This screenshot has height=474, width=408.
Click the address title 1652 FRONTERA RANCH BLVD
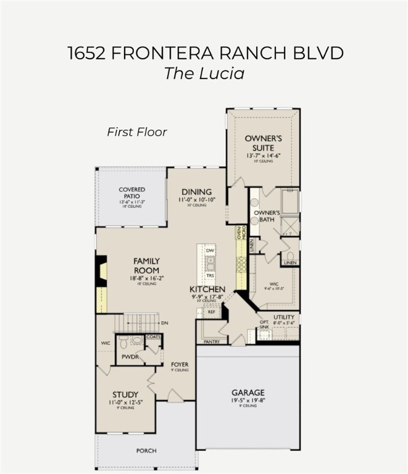tap(204, 52)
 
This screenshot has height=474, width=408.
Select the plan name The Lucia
tap(204, 73)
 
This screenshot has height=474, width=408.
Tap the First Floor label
tap(137, 131)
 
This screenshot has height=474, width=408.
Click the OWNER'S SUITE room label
tap(263, 143)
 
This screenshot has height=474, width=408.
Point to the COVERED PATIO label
tap(131, 193)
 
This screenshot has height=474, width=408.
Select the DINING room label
tap(196, 192)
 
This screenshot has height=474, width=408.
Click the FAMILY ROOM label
tap(146, 265)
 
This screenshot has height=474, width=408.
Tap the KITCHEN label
tap(207, 289)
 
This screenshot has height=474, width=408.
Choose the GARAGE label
tap(248, 393)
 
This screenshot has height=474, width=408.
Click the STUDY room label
tap(125, 394)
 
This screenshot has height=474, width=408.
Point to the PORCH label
tap(146, 451)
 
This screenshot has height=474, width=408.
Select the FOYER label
tap(180, 365)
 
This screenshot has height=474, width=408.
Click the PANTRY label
tap(211, 341)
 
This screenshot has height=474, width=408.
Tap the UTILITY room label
tap(284, 317)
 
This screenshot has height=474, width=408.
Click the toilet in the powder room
tap(123, 340)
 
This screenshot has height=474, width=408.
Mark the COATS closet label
tap(154, 337)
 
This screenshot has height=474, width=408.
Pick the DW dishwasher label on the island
tap(210, 251)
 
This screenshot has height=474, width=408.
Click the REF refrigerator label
tap(211, 312)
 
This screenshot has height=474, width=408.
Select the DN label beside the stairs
tap(164, 323)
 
